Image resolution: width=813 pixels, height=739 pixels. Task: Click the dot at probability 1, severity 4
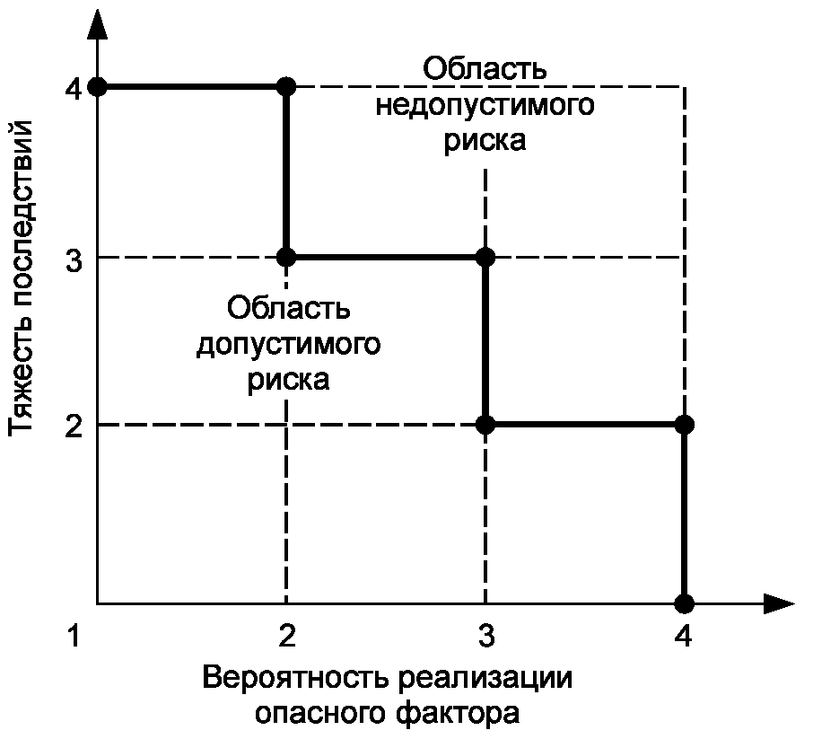98,87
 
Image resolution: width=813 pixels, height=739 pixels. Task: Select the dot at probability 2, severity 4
286,87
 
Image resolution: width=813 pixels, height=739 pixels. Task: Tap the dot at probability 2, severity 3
286,258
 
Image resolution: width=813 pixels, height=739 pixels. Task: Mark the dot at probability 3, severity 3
485,258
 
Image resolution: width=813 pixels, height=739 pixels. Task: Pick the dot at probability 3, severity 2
485,425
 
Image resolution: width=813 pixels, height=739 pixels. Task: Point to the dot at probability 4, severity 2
685,425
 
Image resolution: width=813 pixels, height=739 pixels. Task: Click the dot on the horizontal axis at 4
685,603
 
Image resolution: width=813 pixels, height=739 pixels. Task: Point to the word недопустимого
485,105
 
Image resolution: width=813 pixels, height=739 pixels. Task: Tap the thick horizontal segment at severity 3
386,258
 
